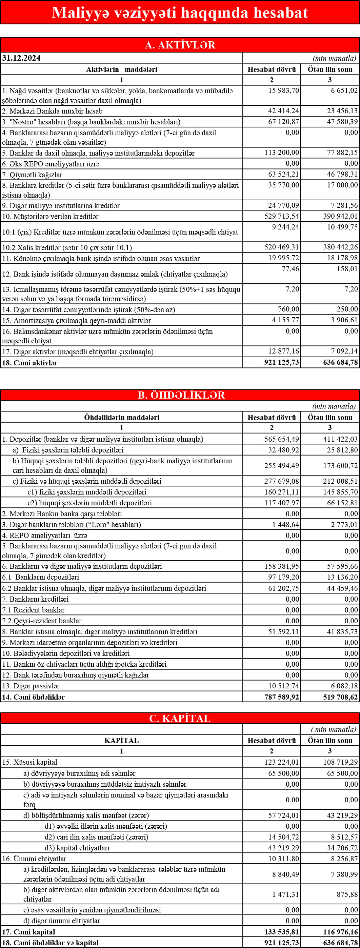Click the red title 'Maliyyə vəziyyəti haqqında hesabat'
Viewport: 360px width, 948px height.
(180, 13)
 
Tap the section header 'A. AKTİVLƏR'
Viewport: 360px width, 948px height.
(180, 45)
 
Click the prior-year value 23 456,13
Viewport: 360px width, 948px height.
(342, 111)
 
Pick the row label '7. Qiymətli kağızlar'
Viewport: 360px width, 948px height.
(33, 175)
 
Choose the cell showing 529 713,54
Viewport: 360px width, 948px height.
(282, 216)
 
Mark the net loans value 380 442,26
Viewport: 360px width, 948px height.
(340, 247)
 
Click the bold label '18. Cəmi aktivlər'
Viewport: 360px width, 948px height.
(30, 363)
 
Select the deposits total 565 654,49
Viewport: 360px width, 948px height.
(282, 439)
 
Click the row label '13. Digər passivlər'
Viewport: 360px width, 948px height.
(31, 686)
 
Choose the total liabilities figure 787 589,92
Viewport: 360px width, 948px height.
(282, 697)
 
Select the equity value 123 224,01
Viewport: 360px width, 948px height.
(282, 762)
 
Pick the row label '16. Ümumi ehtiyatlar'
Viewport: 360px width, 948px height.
(34, 859)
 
